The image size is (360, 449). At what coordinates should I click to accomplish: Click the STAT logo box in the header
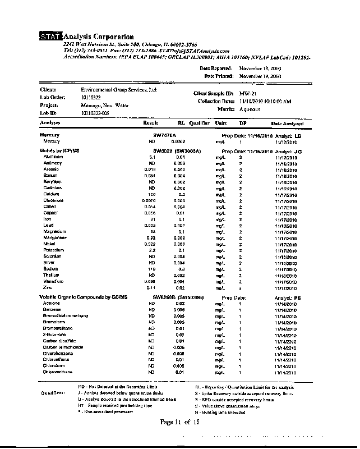click(50, 37)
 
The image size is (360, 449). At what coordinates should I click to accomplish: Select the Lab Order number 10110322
click(93, 97)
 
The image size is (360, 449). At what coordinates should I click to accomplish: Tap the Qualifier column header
click(199, 122)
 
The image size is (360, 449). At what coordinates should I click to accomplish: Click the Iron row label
click(48, 219)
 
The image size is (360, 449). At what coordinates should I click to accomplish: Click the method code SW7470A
click(165, 135)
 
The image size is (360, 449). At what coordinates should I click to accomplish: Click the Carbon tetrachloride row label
click(63, 347)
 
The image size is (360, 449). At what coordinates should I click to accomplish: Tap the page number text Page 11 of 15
click(179, 421)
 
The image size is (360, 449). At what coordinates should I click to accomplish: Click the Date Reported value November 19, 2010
click(260, 68)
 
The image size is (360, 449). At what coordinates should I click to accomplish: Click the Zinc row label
click(48, 287)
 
